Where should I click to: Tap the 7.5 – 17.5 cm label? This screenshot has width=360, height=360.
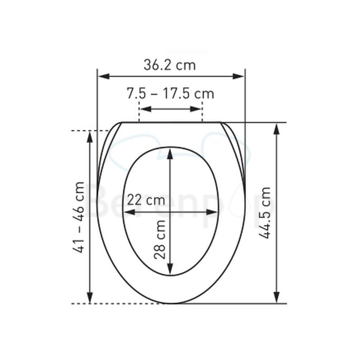[x=170, y=94]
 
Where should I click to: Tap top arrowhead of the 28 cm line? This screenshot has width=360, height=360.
[x=170, y=153]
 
